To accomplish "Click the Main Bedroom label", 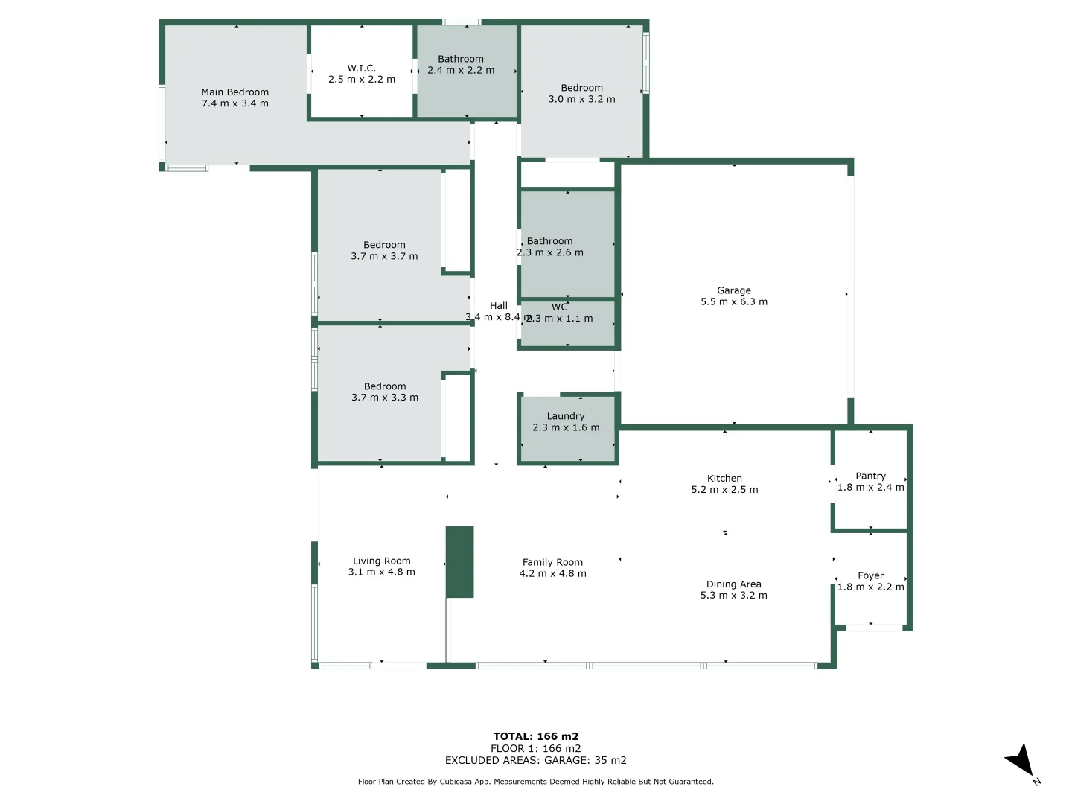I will click(234, 92).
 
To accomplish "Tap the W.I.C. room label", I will click(362, 68).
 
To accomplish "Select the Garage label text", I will click(733, 290).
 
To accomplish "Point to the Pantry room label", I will click(870, 476).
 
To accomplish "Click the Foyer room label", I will click(870, 575).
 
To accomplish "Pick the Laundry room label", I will click(566, 416).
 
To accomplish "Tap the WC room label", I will click(559, 307).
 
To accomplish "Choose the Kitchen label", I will click(724, 479).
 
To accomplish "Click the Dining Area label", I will click(733, 584).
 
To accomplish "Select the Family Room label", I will click(552, 563).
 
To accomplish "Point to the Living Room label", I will click(381, 561).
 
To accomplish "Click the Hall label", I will click(498, 306).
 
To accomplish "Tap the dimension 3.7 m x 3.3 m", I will click(385, 398).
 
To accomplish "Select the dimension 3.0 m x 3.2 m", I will click(581, 99).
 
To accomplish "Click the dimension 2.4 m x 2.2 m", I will click(461, 70).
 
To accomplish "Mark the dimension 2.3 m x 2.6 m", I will click(550, 252).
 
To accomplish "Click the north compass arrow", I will click(1020, 762).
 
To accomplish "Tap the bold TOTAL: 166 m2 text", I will click(535, 736).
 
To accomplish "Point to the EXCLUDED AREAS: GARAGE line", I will click(535, 760).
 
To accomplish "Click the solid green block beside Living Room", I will click(459, 562).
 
